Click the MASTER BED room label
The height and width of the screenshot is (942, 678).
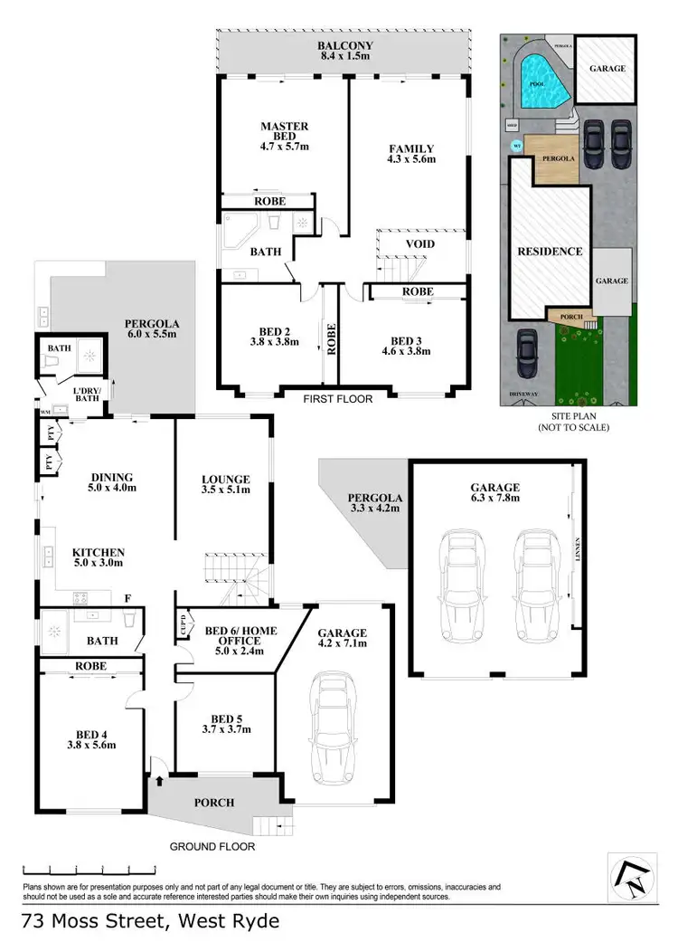285,134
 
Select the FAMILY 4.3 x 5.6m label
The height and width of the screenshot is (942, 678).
411,154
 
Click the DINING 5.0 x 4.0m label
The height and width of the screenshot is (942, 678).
112,482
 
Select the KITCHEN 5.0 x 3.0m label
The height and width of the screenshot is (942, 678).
99,557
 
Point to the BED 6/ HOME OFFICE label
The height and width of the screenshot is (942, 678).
240,637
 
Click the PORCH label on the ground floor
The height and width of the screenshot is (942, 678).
213,803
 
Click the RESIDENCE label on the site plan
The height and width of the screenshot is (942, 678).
549,251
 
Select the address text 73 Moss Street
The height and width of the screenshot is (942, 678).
150,921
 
